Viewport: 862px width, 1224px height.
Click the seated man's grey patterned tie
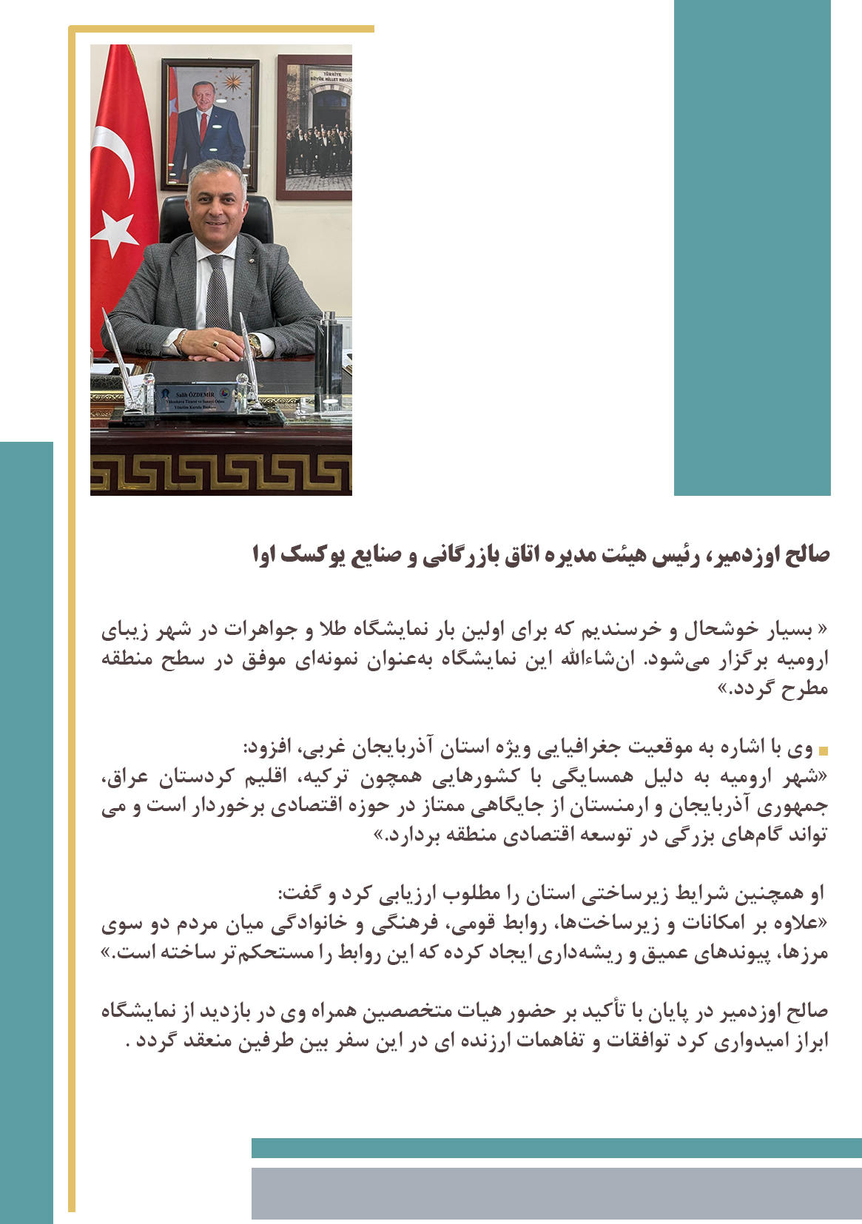[218, 292]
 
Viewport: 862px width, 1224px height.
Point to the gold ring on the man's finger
[215, 344]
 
